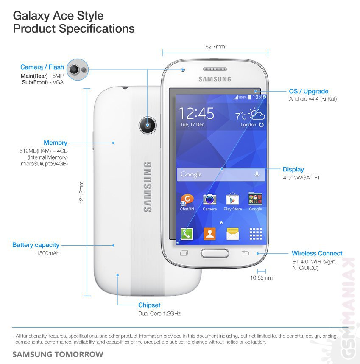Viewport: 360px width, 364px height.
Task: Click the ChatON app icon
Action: [x=187, y=200]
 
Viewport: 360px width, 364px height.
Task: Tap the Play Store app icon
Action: [x=232, y=199]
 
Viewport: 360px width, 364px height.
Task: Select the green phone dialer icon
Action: [x=187, y=233]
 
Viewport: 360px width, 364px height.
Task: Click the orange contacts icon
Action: [x=210, y=233]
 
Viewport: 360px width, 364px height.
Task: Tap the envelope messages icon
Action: [x=233, y=234]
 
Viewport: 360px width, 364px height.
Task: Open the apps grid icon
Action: [x=256, y=234]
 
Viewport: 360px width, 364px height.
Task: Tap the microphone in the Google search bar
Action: [x=257, y=174]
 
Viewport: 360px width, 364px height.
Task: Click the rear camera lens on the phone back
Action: [x=148, y=125]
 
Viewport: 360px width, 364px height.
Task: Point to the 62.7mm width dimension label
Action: [x=215, y=46]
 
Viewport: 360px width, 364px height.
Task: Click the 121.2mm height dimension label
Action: [x=81, y=192]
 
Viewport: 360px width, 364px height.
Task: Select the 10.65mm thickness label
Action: [x=261, y=277]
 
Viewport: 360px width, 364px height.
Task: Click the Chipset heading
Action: [x=149, y=305]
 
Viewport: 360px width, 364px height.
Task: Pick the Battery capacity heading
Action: [x=36, y=245]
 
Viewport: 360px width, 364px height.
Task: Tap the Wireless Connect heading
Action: [x=317, y=253]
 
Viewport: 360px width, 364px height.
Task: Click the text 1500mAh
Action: [x=48, y=253]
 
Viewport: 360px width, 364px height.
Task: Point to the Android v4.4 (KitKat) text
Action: [x=313, y=99]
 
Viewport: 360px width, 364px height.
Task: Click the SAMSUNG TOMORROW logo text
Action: [x=58, y=354]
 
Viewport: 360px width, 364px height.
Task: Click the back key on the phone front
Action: [x=245, y=253]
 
